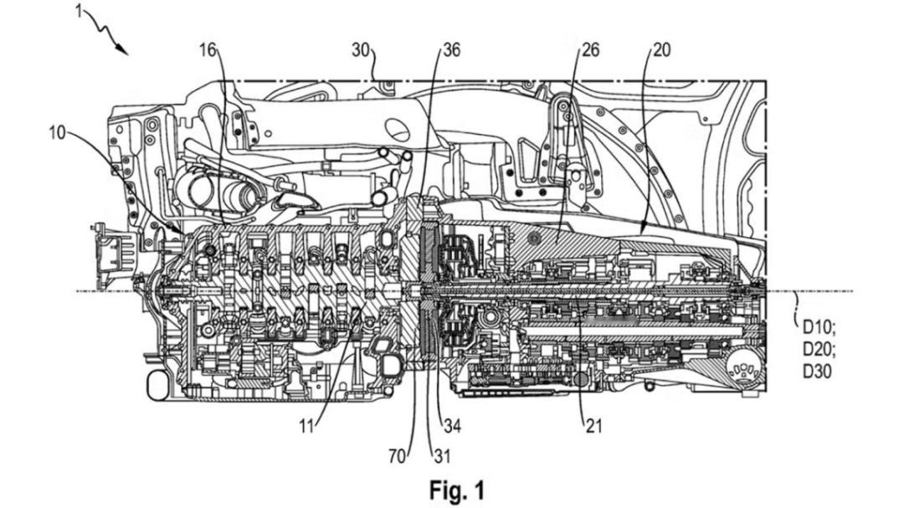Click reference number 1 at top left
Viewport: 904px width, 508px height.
tap(79, 11)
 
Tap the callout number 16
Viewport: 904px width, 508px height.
tap(208, 50)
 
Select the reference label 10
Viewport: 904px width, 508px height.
tap(58, 134)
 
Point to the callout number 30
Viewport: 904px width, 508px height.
tap(361, 50)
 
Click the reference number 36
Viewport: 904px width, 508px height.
tap(451, 50)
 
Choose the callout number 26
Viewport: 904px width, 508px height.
tap(590, 50)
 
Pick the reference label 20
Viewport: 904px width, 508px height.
tap(662, 50)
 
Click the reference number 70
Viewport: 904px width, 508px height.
tap(398, 456)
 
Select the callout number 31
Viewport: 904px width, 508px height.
tap(442, 456)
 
